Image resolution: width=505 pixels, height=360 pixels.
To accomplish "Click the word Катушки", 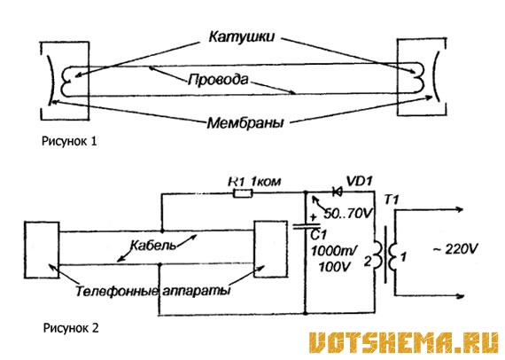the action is [x=242, y=36].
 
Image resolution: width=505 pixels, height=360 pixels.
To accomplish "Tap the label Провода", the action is [x=218, y=79].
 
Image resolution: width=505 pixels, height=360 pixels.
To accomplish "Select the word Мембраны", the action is [x=245, y=123].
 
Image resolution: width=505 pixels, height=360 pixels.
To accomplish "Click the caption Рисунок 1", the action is [x=69, y=141].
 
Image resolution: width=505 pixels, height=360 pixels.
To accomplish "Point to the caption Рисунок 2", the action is [x=71, y=328].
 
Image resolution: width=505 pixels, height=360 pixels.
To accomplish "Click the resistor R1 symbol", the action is [x=243, y=193].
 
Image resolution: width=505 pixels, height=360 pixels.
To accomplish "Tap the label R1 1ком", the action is [x=254, y=182].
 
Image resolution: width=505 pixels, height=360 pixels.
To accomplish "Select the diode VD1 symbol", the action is [x=338, y=192].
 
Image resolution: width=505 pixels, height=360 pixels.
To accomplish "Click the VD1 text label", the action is [x=359, y=181].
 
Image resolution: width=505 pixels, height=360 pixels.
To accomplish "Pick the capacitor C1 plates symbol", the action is [x=306, y=225].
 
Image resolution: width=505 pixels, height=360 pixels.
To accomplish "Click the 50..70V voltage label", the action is [x=348, y=213].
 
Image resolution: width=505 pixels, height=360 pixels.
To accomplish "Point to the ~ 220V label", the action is [x=455, y=249].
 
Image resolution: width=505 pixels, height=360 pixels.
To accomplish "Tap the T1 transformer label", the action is [x=392, y=200].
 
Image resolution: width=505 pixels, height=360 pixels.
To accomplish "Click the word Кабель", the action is [x=153, y=246].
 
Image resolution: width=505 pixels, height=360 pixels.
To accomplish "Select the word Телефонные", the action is [x=117, y=291].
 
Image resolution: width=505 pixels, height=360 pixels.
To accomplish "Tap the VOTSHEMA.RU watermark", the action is [x=404, y=343].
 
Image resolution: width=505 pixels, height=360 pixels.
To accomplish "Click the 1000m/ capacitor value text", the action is [x=333, y=251].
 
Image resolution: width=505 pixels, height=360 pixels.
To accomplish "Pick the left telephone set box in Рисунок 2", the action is [x=42, y=250].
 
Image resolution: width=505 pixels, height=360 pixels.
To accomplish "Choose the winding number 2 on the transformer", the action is [x=368, y=262].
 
